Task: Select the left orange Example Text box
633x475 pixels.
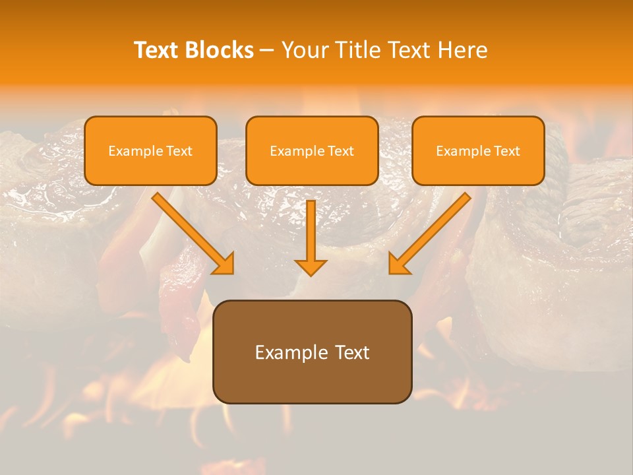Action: [x=150, y=150]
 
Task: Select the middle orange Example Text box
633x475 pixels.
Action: [x=312, y=150]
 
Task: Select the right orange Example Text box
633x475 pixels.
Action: [x=478, y=150]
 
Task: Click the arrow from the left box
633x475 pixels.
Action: [x=191, y=231]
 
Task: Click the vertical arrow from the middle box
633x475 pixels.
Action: [x=311, y=231]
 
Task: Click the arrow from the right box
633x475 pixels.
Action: [x=432, y=231]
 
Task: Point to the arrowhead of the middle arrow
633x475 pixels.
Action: [x=311, y=267]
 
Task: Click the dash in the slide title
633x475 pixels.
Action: [x=267, y=51]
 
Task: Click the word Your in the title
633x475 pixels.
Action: [x=301, y=50]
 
